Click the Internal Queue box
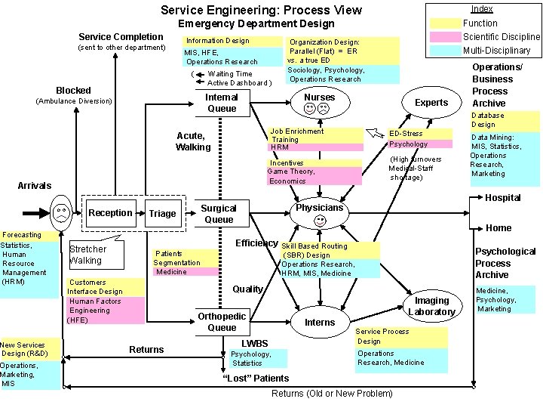point(221,103)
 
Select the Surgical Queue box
point(219,214)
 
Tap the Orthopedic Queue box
point(222,322)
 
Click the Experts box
point(431,103)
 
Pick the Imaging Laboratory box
point(431,306)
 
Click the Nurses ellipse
point(318,103)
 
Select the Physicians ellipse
point(320,213)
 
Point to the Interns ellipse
point(320,323)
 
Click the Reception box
point(111,213)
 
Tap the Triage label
point(162,214)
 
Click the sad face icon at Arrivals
point(60,213)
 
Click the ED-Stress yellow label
point(406,134)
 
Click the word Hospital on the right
point(502,198)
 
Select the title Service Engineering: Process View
point(261,11)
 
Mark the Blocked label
point(73,90)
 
